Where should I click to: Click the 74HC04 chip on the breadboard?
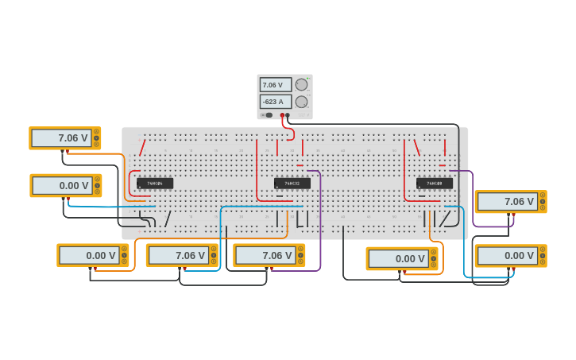click(155, 184)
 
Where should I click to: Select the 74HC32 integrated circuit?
click(292, 184)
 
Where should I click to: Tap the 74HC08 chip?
click(435, 184)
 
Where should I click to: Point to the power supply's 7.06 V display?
click(274, 85)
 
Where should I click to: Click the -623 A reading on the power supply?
click(274, 102)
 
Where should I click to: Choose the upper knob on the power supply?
click(301, 85)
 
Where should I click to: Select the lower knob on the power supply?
click(301, 102)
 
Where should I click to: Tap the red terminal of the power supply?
click(282, 115)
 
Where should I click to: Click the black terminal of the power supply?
click(288, 115)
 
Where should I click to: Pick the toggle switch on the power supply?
click(269, 115)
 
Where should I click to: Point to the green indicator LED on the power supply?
click(309, 79)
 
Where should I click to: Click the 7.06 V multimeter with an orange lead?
click(65, 138)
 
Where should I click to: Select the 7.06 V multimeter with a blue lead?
click(182, 255)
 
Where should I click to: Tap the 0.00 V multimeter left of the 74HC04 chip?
click(66, 185)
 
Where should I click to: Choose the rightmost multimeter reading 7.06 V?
click(510, 202)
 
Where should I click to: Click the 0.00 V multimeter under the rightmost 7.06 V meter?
click(510, 255)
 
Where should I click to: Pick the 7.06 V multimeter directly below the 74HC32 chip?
click(269, 255)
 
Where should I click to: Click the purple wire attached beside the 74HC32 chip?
click(320, 215)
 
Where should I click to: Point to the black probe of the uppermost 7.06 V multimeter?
click(63, 151)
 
